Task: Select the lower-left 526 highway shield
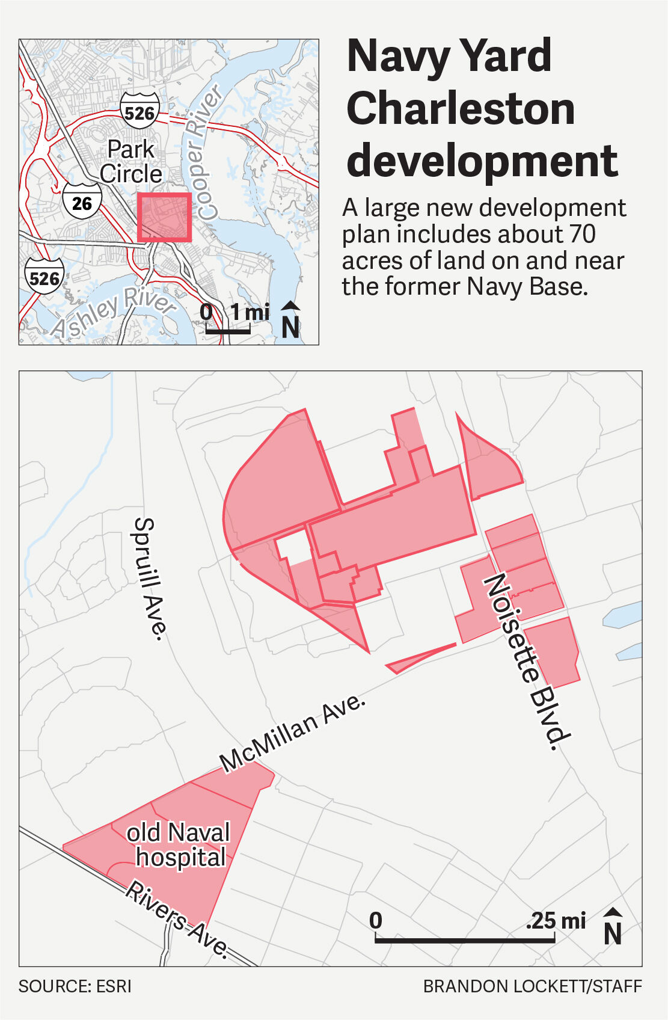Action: click(x=44, y=277)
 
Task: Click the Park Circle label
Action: click(x=131, y=162)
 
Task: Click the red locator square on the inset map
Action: click(x=164, y=217)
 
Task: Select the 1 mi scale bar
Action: click(x=228, y=330)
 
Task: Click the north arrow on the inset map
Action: click(x=290, y=320)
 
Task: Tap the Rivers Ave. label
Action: click(x=177, y=920)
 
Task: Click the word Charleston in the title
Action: click(x=461, y=108)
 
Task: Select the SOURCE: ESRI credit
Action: click(x=75, y=986)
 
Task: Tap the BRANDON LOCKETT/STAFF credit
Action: click(x=532, y=986)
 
